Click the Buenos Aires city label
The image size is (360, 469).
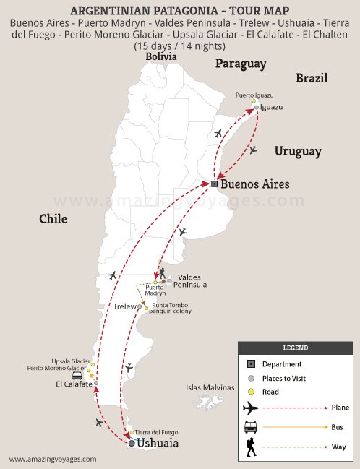pyautogui.click(x=254, y=184)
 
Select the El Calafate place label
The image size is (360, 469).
pyautogui.click(x=74, y=384)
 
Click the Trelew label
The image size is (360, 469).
pyautogui.click(x=124, y=306)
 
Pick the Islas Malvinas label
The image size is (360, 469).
pyautogui.click(x=210, y=388)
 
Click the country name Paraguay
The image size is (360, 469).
pyautogui.click(x=240, y=64)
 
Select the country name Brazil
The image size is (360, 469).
pyautogui.click(x=312, y=78)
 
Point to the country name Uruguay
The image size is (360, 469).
pyautogui.click(x=297, y=151)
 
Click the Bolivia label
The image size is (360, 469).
pyautogui.click(x=160, y=56)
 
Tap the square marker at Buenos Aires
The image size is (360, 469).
pyautogui.click(x=215, y=184)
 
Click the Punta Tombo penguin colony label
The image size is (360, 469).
pyautogui.click(x=171, y=308)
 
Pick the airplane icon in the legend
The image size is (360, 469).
pyautogui.click(x=250, y=408)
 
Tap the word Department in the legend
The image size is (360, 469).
pyautogui.click(x=282, y=364)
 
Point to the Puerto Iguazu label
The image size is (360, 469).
pyautogui.click(x=254, y=95)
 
